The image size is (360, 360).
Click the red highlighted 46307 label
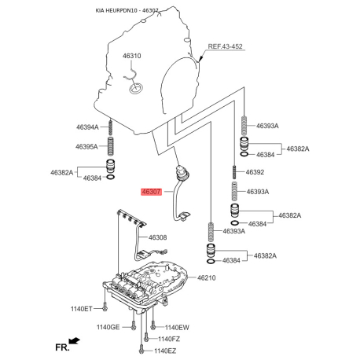[152, 192]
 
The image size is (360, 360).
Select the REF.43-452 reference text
[225, 46]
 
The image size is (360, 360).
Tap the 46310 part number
[132, 56]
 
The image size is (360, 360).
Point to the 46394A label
[87, 127]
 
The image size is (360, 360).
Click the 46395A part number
[86, 146]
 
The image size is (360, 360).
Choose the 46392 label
[255, 172]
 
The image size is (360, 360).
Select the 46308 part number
[157, 237]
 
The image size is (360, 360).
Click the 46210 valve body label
[207, 277]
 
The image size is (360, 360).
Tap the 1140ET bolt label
[82, 309]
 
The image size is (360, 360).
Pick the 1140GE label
[108, 327]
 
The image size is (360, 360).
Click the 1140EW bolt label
[177, 327]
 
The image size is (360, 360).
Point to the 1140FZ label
[169, 339]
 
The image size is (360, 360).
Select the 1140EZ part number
[165, 351]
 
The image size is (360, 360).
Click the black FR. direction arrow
[74, 340]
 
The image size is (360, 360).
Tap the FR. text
[62, 347]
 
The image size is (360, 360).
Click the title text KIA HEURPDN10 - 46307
[127, 10]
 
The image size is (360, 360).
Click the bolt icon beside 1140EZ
[141, 349]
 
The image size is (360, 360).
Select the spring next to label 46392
[234, 171]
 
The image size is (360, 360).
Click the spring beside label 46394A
[111, 127]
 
